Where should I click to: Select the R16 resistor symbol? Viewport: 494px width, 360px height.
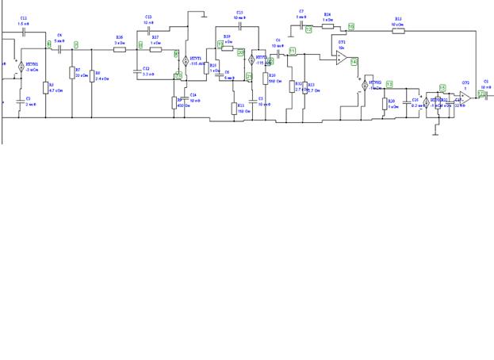tap(120, 49)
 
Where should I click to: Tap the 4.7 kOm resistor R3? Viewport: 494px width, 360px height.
tap(44, 87)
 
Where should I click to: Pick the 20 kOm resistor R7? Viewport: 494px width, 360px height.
tap(72, 73)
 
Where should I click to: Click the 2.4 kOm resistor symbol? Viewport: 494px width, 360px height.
tap(91, 76)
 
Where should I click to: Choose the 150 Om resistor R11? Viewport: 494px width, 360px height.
tap(235, 108)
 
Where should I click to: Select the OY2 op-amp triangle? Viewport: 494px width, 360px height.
tap(466, 95)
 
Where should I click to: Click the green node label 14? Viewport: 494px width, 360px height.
tap(354, 61)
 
